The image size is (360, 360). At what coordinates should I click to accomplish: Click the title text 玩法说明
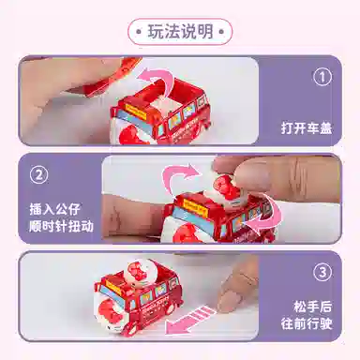(x=181, y=32)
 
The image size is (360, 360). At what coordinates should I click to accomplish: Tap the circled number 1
(x=322, y=77)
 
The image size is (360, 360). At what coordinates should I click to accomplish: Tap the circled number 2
(x=38, y=175)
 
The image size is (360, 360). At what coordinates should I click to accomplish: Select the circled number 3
(x=322, y=272)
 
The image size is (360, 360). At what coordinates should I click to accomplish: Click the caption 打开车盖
(x=307, y=127)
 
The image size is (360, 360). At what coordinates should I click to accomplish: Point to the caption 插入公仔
(x=55, y=209)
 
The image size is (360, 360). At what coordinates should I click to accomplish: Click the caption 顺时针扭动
(x=61, y=226)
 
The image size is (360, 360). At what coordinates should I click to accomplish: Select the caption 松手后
(x=312, y=307)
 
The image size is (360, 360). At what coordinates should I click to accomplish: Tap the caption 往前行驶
(x=307, y=323)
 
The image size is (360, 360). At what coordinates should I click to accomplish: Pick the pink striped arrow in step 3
(x=190, y=321)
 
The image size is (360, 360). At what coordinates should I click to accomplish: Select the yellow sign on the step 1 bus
(x=135, y=112)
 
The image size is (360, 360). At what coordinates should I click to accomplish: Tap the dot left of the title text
(x=138, y=32)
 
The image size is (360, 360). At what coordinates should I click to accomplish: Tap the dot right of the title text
(x=222, y=32)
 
